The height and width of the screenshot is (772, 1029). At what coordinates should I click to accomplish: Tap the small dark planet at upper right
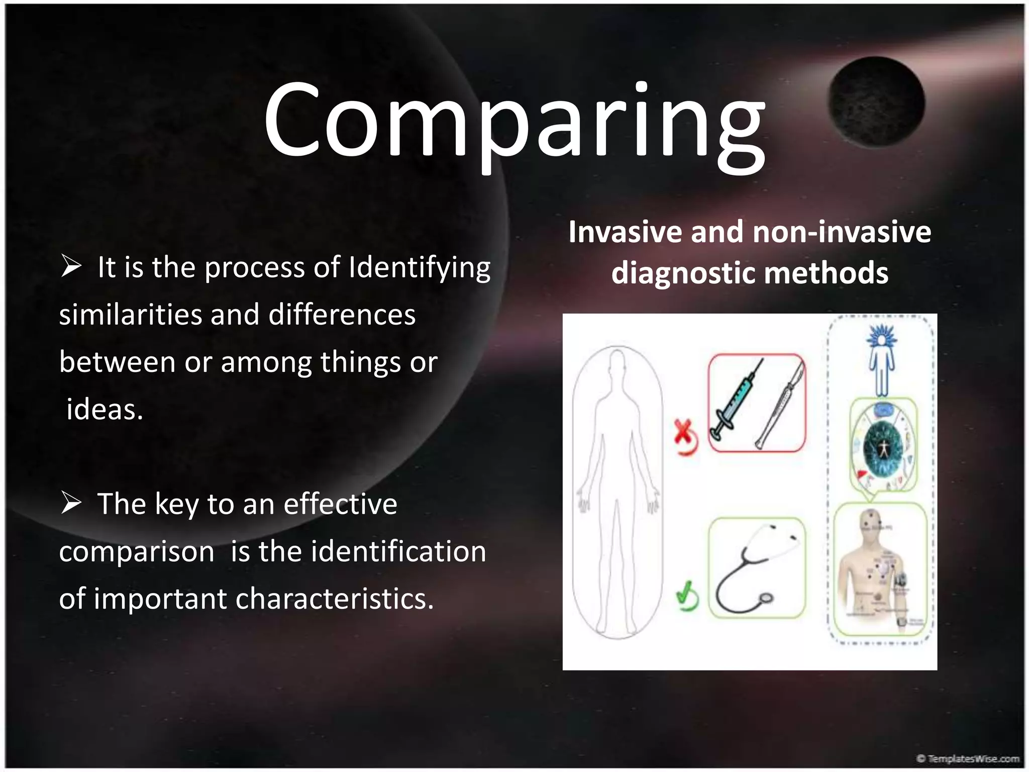pyautogui.click(x=876, y=103)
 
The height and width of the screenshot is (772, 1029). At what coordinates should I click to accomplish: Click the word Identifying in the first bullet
pyautogui.click(x=420, y=268)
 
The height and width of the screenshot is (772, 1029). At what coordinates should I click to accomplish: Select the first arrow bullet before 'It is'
pyautogui.click(x=71, y=266)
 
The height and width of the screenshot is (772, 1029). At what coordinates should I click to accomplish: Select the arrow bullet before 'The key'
pyautogui.click(x=71, y=503)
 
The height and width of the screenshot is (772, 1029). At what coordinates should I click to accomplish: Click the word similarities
pyautogui.click(x=130, y=315)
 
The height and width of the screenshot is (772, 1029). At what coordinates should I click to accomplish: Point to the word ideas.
pyautogui.click(x=105, y=409)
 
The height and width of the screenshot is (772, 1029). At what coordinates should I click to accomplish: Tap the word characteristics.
pyautogui.click(x=334, y=599)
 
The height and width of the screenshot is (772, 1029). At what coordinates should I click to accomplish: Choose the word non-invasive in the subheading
pyautogui.click(x=842, y=232)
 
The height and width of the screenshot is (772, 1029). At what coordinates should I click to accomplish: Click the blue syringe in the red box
pyautogui.click(x=736, y=400)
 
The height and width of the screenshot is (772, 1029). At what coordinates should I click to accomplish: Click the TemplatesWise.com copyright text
pyautogui.click(x=967, y=758)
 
